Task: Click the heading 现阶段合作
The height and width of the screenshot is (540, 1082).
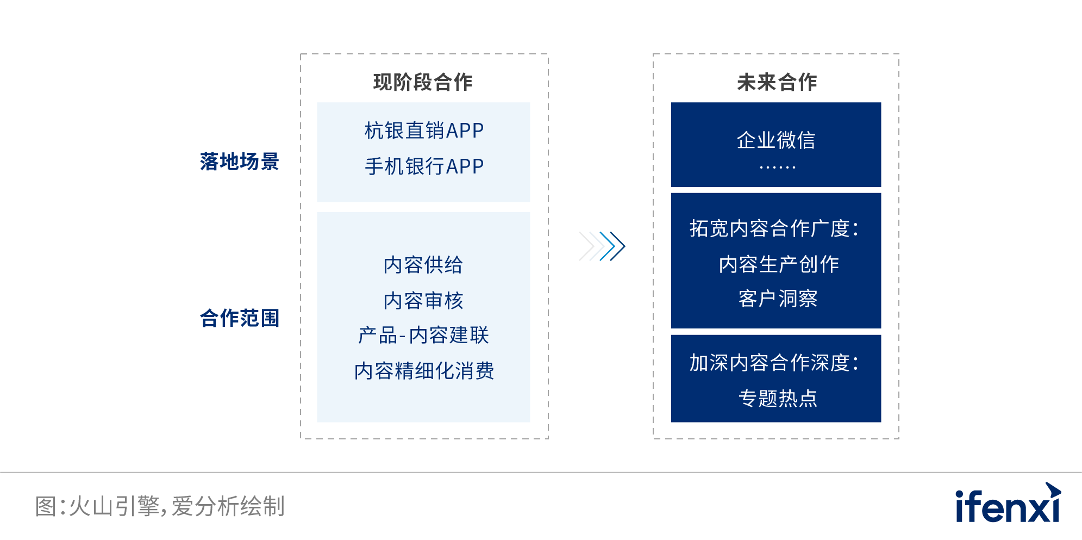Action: click(423, 82)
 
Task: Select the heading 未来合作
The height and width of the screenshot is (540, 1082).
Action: click(777, 82)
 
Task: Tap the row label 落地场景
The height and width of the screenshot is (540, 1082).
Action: click(239, 162)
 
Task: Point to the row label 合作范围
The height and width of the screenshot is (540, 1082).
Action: click(239, 318)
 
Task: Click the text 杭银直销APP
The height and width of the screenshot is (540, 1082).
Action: click(424, 131)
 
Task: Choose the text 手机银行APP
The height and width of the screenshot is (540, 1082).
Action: click(424, 166)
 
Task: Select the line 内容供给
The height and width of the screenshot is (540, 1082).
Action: click(423, 265)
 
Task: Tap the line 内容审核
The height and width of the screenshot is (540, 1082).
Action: click(423, 301)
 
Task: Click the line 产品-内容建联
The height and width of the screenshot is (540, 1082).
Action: click(423, 336)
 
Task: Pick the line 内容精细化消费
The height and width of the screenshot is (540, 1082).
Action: click(424, 371)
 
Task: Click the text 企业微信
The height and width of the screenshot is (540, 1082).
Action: click(776, 140)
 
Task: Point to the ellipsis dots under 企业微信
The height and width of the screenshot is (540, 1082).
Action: click(777, 167)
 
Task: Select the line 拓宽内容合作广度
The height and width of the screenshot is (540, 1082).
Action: click(774, 229)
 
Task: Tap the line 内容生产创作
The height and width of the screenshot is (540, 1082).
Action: click(779, 264)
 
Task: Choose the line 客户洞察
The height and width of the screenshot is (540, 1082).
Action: click(778, 299)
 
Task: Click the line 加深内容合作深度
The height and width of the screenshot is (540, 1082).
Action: click(774, 363)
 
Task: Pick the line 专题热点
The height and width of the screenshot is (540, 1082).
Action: click(778, 398)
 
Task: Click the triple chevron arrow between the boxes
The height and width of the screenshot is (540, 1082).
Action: click(602, 246)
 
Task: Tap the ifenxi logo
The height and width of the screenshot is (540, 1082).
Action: click(1008, 504)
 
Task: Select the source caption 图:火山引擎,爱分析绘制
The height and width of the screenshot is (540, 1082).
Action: click(160, 506)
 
